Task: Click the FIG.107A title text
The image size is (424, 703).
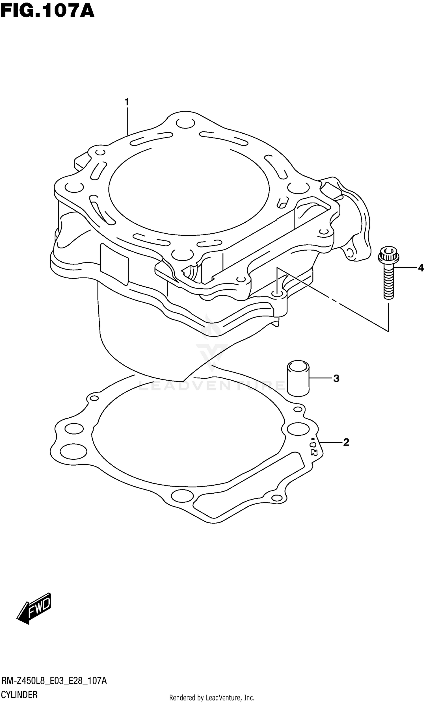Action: (x=47, y=11)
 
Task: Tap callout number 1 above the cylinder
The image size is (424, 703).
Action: (x=127, y=102)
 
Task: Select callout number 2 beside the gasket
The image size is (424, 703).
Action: (x=346, y=442)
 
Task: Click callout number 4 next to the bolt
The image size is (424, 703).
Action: (x=421, y=268)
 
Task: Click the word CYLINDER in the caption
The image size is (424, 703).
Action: (x=20, y=695)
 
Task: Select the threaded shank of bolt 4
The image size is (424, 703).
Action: (x=388, y=283)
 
